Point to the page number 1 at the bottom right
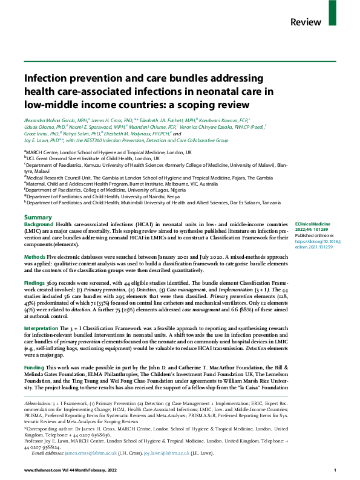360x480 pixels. [x=335, y=470]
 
